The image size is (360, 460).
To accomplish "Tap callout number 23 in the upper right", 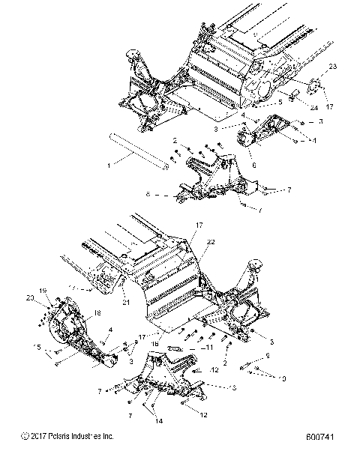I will pyautogui.click(x=334, y=67).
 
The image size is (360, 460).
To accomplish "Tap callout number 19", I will pyautogui.click(x=43, y=290).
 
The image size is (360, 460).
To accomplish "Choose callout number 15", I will pyautogui.click(x=36, y=346).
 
